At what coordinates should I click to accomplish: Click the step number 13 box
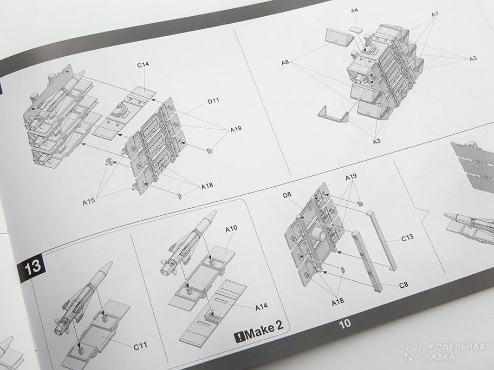pyautogui.click(x=32, y=267)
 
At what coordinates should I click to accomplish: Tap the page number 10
pyautogui.click(x=344, y=323)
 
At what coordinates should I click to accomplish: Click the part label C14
pyautogui.click(x=142, y=65)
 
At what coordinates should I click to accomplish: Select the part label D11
pyautogui.click(x=213, y=101)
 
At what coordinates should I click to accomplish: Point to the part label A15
pyautogui.click(x=88, y=202)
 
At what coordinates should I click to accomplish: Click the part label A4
pyautogui.click(x=354, y=11)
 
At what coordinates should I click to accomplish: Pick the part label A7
pyautogui.click(x=434, y=14)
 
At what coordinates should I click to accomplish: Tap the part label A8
pyautogui.click(x=285, y=62)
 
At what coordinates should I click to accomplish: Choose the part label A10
pyautogui.click(x=231, y=229)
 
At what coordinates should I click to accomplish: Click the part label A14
pyautogui.click(x=261, y=307)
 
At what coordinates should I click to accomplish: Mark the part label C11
pyautogui.click(x=140, y=346)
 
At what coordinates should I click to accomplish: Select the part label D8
pyautogui.click(x=287, y=195)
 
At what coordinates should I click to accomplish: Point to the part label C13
pyautogui.click(x=407, y=238)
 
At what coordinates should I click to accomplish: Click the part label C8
pyautogui.click(x=404, y=285)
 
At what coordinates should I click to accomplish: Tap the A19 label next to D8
pyautogui.click(x=351, y=177)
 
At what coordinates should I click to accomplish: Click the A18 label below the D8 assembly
pyautogui.click(x=338, y=302)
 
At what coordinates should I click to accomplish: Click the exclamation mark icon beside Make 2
pyautogui.click(x=239, y=338)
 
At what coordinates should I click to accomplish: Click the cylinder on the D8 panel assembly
pyautogui.click(x=319, y=234)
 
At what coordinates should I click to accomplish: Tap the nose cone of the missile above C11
pyautogui.click(x=106, y=268)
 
